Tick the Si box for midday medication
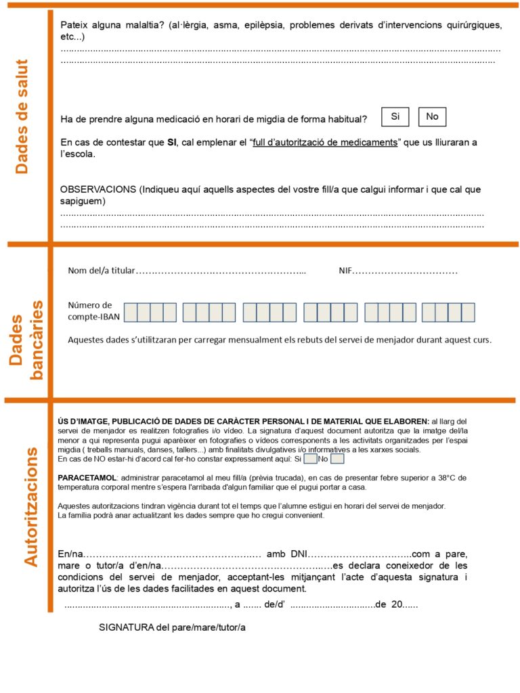[x=395, y=117]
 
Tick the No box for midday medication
[x=432, y=117]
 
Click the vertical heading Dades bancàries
[x=27, y=338]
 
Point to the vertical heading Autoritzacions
[x=30, y=506]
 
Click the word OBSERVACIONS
[x=97, y=190]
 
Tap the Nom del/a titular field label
[x=102, y=271]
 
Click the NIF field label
[x=345, y=271]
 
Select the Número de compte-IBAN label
[x=90, y=311]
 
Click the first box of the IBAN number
[x=130, y=312]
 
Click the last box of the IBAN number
[x=468, y=312]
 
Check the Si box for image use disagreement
[x=310, y=459]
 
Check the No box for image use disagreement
[x=337, y=459]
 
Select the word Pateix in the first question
[x=74, y=25]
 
